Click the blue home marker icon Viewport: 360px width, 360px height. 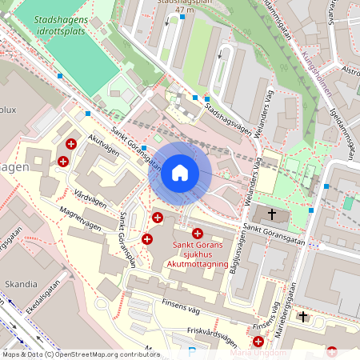(180, 173)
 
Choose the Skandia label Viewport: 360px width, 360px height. (21, 283)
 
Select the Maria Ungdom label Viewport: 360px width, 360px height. (258, 352)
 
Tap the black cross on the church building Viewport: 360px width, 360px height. (273, 214)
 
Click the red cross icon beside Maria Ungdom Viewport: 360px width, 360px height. (258, 341)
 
